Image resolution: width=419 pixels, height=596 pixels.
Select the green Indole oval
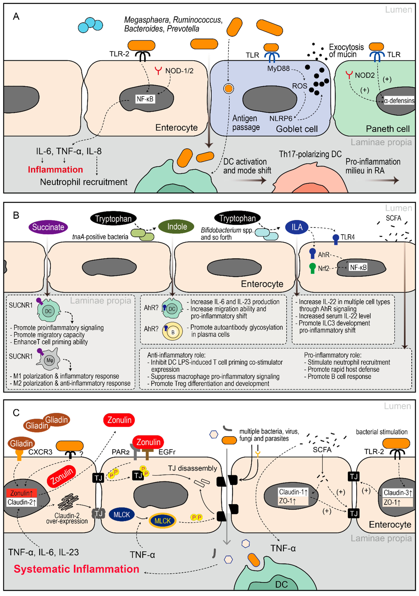pyautogui.click(x=177, y=227)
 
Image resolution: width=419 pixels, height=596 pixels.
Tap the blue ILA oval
pyautogui.click(x=297, y=227)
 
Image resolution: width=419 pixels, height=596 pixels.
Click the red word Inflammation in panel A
pyautogui.click(x=55, y=169)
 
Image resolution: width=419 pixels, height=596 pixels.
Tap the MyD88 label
pyautogui.click(x=278, y=69)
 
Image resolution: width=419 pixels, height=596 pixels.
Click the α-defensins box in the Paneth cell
pyautogui.click(x=399, y=101)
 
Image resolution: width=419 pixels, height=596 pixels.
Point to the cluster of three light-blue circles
pyautogui.click(x=90, y=25)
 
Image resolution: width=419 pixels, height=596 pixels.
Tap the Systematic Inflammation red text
pyautogui.click(x=76, y=569)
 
